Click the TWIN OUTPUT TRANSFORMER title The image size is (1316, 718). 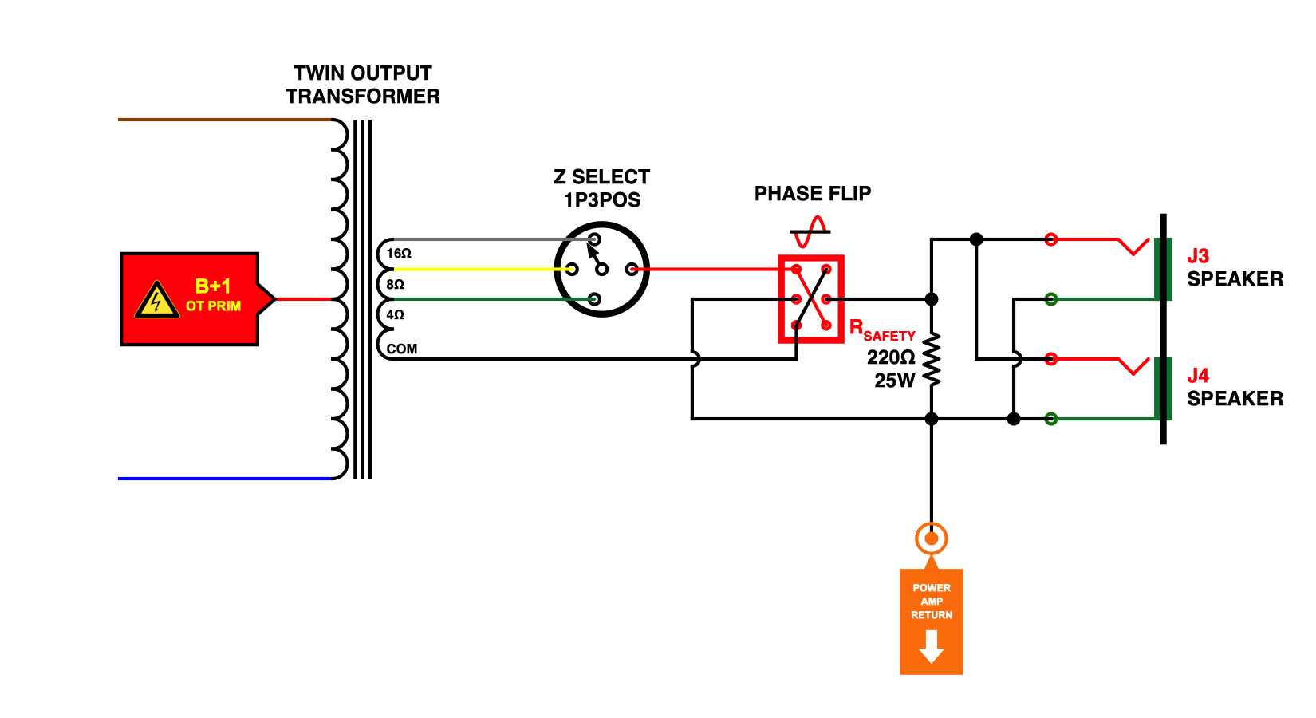[x=363, y=85]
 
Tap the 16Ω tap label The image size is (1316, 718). [x=399, y=254]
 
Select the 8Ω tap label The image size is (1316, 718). [x=396, y=285]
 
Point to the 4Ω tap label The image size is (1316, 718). [x=396, y=315]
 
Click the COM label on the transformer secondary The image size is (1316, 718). [x=402, y=349]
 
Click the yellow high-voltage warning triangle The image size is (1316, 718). [x=156, y=301]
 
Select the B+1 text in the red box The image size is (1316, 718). [x=213, y=286]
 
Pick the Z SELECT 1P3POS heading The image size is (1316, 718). [x=602, y=188]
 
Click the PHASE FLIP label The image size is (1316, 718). [x=813, y=194]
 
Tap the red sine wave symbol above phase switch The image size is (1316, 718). [x=810, y=232]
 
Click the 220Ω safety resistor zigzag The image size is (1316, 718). [x=932, y=359]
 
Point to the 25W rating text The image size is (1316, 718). [x=894, y=381]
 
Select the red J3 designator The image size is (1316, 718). [x=1198, y=256]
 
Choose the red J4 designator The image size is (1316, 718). [x=1198, y=376]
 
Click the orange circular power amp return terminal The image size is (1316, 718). [x=932, y=538]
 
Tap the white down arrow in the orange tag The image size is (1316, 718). [x=932, y=646]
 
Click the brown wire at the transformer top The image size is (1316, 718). [x=223, y=120]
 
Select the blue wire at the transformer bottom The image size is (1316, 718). [x=223, y=479]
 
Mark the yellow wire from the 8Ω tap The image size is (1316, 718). [x=479, y=269]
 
